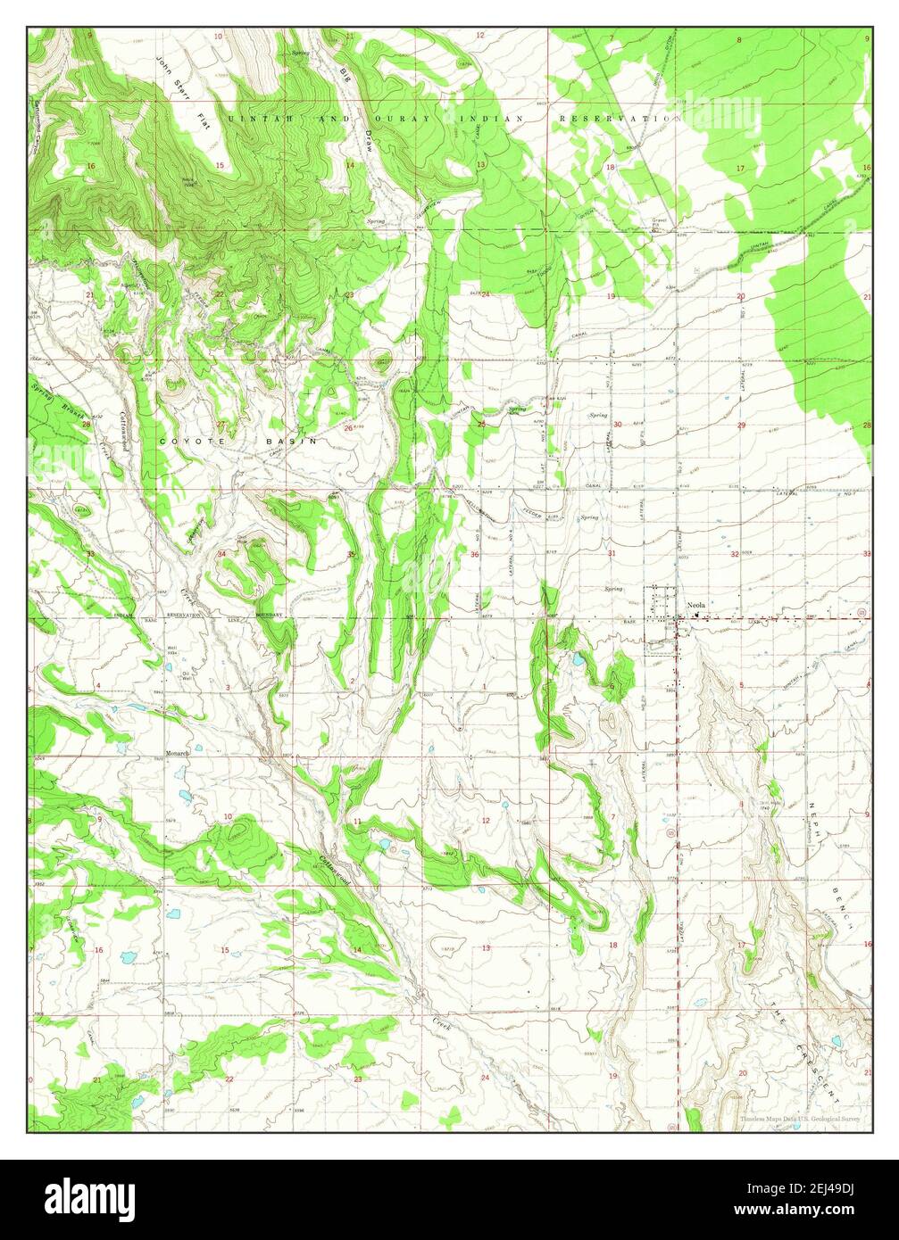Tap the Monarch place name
click(178, 754)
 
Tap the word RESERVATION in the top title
click(615, 119)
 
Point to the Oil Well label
click(187, 675)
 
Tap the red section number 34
click(221, 554)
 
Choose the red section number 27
click(220, 424)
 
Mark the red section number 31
click(612, 554)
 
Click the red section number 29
click(741, 426)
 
